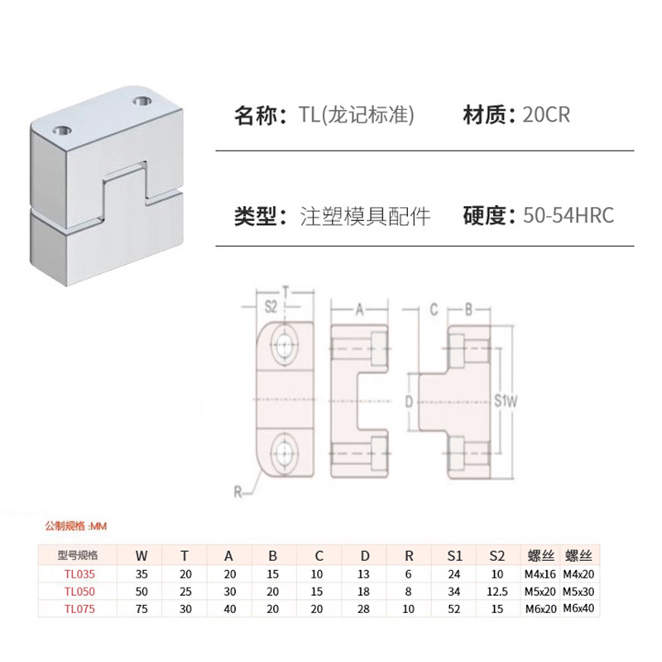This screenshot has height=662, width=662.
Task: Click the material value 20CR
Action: click(546, 115)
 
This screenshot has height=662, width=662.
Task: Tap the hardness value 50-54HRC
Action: click(568, 217)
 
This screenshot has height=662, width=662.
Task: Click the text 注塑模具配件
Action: click(365, 217)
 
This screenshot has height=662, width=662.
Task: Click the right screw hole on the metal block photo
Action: click(141, 101)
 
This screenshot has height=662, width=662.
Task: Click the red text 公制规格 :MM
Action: click(76, 525)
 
